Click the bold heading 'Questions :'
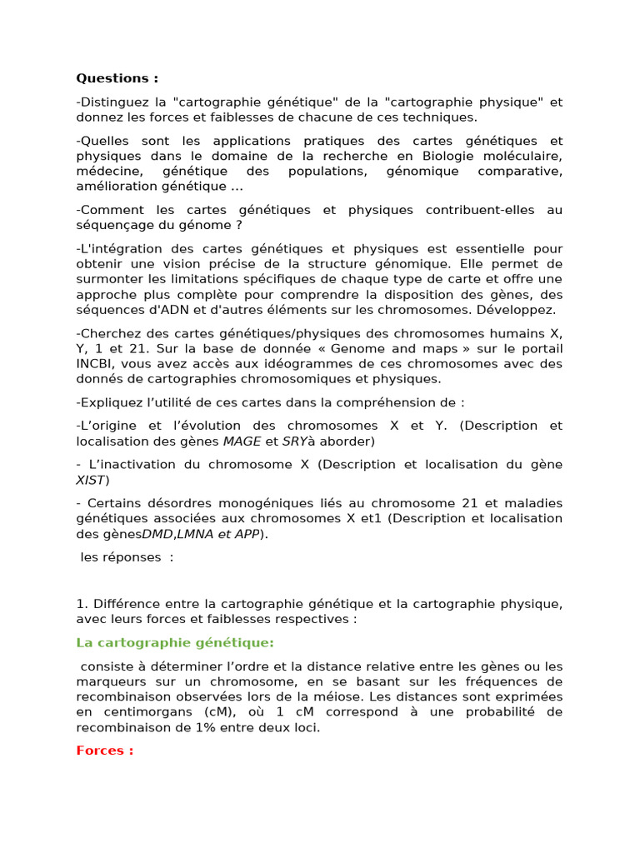click(117, 78)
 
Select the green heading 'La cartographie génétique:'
click(175, 642)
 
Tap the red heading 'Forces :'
click(105, 751)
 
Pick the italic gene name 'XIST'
click(91, 480)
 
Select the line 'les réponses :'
click(127, 556)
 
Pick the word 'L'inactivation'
click(129, 464)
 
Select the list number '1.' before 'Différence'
click(82, 603)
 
